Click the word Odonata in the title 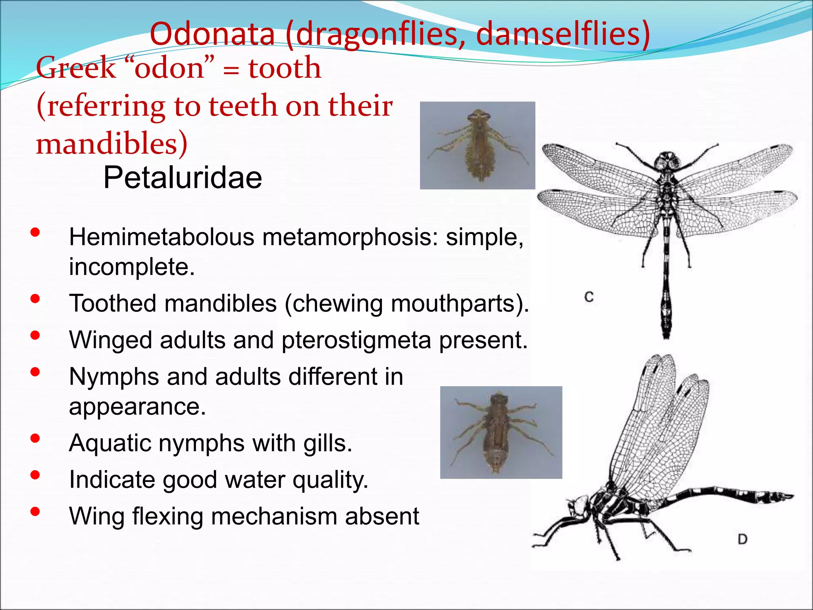coord(212,34)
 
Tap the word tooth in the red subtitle coord(285,68)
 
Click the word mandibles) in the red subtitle coord(112,143)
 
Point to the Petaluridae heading coord(183,178)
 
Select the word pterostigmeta coord(356,340)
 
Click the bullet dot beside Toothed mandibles coord(35,299)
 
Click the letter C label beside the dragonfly coord(589,297)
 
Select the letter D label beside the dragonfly coord(742,539)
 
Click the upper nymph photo coord(478,145)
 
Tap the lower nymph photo coord(501,432)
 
